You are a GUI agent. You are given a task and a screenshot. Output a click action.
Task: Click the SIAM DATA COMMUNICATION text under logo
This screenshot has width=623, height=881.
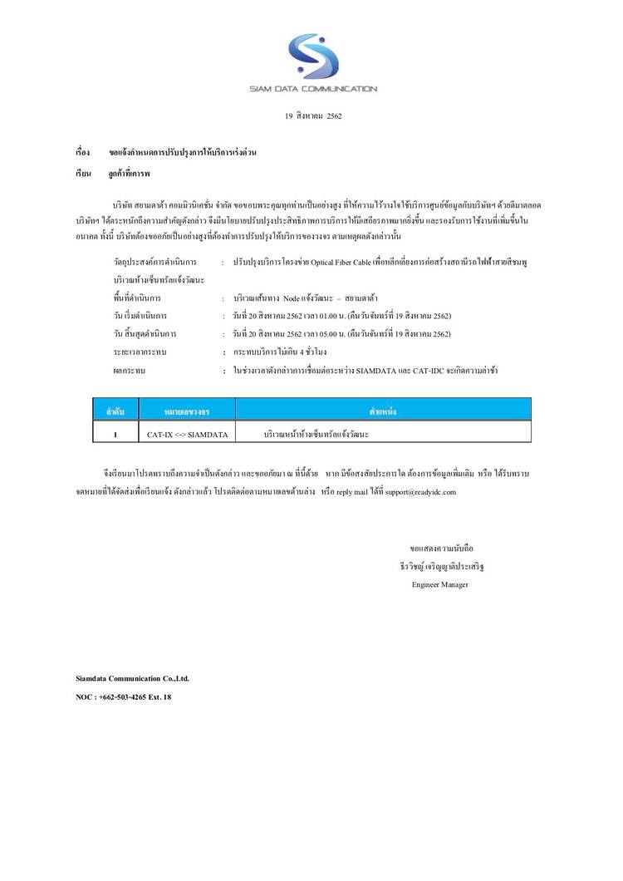pyautogui.click(x=313, y=88)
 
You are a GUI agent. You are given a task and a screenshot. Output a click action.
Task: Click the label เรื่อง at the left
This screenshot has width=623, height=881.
pyautogui.click(x=83, y=155)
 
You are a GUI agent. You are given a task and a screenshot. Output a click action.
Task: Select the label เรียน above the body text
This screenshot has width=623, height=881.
pyautogui.click(x=83, y=175)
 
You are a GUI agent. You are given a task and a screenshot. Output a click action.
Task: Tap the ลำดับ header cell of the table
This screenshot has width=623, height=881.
pyautogui.click(x=115, y=411)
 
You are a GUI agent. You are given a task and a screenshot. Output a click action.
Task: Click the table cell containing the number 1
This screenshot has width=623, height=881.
pyautogui.click(x=115, y=434)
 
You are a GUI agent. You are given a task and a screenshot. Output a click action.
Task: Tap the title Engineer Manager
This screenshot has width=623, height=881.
pyautogui.click(x=439, y=584)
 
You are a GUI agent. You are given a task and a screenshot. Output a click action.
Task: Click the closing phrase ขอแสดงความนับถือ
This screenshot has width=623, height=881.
pyautogui.click(x=441, y=549)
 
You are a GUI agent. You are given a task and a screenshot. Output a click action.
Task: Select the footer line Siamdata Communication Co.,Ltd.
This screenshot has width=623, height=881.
pyautogui.click(x=132, y=678)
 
